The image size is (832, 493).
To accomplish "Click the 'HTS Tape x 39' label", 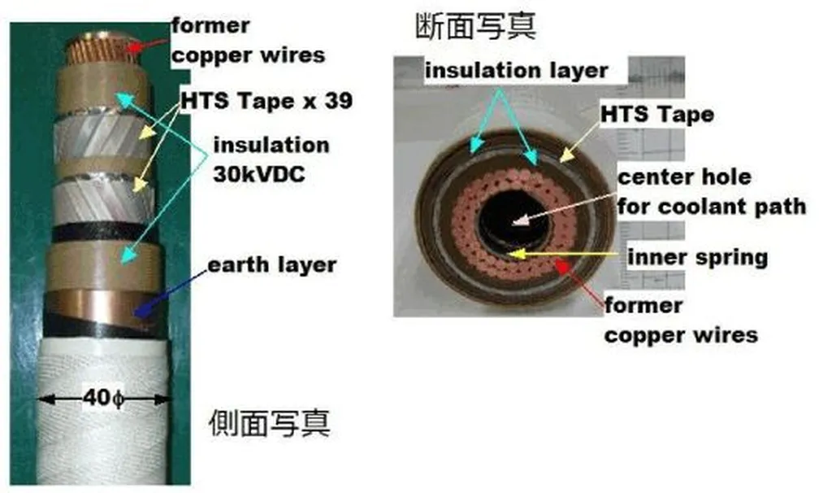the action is pos(266,100).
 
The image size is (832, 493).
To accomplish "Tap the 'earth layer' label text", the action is pos(271,265).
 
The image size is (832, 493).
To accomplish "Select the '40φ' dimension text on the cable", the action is pos(103,397).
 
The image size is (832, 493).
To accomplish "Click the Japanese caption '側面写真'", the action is pos(270,423).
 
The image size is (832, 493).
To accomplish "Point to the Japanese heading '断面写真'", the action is pos(475,26).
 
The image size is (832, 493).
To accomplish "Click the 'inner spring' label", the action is pos(698,257).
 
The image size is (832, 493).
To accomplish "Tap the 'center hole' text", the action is pos(684,177).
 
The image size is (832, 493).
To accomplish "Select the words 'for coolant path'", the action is pos(712,206).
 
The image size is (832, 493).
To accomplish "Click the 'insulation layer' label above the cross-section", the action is pos(516,70).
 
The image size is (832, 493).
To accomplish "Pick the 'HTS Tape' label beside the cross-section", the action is pos(656,114).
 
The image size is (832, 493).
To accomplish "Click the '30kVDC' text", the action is pos(259,174).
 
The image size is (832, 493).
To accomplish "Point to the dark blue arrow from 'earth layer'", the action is pos(171,293).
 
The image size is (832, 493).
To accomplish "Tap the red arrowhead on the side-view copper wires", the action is pos(134,47).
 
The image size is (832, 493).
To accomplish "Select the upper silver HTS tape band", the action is pos(102,137).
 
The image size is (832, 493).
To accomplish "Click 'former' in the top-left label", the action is pos(210,25).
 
